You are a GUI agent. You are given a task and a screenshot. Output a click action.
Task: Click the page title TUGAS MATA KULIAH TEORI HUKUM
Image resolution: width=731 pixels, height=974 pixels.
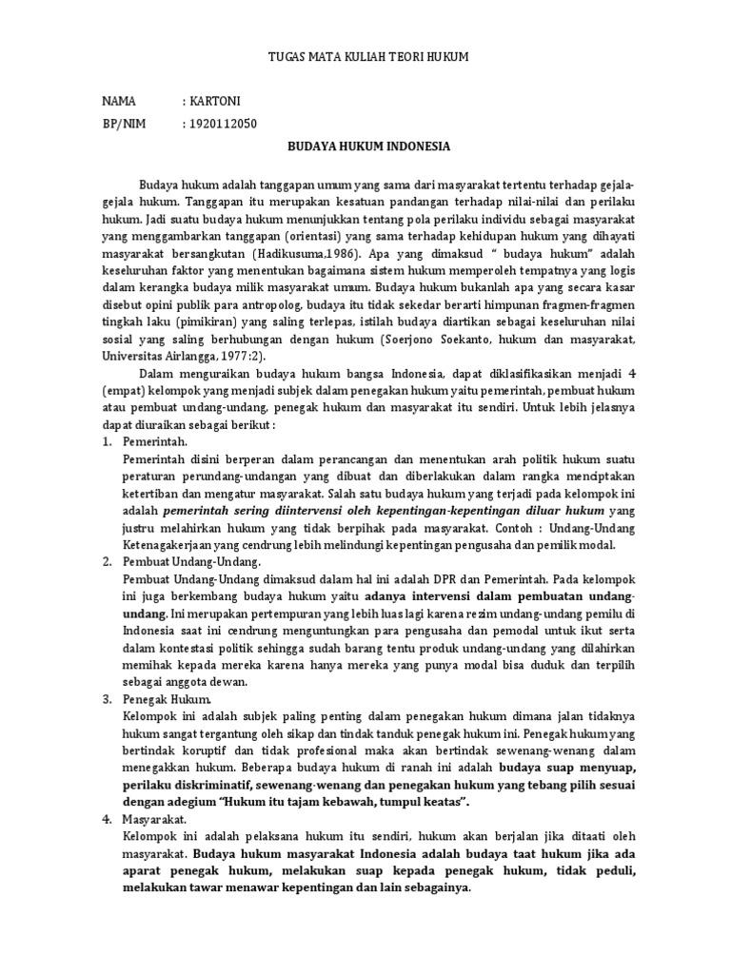click(x=365, y=58)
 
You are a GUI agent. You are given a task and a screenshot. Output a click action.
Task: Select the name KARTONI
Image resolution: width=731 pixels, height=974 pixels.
click(x=217, y=100)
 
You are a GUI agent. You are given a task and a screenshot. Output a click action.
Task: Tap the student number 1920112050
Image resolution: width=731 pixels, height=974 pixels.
click(x=222, y=124)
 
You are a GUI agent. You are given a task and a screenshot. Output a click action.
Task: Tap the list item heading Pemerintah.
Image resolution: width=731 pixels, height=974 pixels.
click(x=156, y=442)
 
